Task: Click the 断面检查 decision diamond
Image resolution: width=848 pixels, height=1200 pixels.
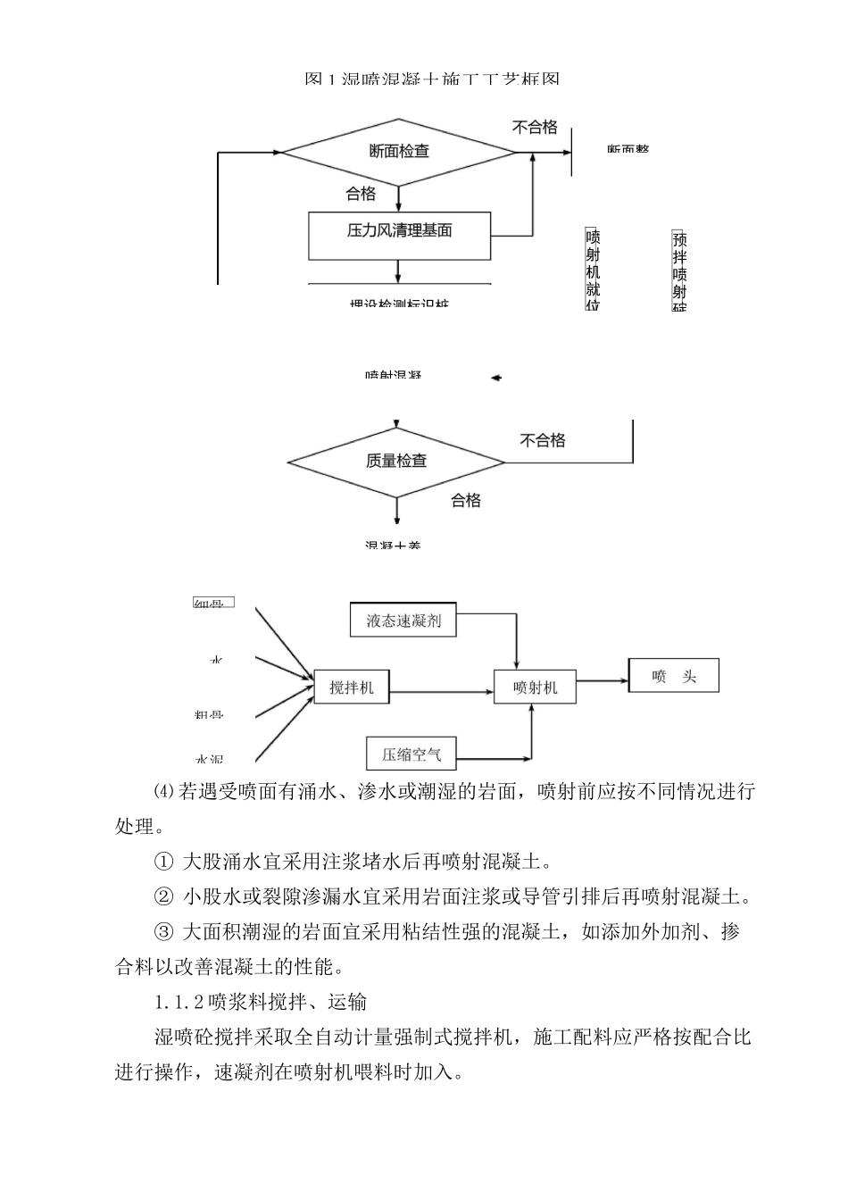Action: (399, 152)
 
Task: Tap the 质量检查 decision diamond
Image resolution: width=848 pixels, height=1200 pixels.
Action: (396, 462)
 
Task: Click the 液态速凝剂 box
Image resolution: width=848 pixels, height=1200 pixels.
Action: (403, 620)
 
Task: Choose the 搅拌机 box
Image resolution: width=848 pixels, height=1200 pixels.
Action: (352, 687)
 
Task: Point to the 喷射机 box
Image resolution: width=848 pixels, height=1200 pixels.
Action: (535, 687)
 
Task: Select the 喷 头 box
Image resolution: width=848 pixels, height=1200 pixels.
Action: (674, 677)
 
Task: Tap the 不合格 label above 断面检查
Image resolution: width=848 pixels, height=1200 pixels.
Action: (534, 128)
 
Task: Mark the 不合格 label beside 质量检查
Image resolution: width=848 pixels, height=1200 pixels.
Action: (543, 440)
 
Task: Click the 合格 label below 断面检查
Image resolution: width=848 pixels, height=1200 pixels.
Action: (361, 194)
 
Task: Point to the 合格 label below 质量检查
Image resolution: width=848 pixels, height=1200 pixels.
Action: (465, 500)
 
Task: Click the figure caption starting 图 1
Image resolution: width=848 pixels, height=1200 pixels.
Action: (432, 79)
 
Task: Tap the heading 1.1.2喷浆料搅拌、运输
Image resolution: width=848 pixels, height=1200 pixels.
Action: (260, 1002)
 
